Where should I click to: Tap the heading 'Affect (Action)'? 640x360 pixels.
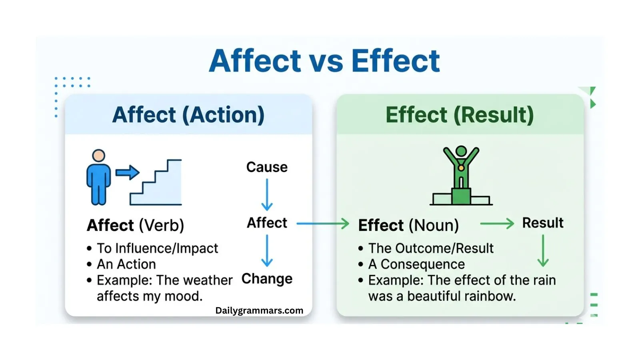(188, 115)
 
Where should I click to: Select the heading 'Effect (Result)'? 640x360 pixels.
(460, 115)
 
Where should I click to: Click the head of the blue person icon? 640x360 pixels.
(98, 156)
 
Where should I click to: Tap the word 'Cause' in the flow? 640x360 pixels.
(267, 167)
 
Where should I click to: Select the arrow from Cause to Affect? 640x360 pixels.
(267, 194)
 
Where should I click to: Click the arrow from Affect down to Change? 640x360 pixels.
(267, 250)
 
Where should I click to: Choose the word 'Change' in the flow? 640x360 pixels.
(267, 279)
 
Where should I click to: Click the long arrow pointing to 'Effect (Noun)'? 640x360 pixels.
(322, 224)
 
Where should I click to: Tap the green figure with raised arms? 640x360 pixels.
(461, 168)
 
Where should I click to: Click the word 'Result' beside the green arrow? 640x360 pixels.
(543, 223)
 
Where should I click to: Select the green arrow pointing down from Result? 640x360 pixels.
(543, 250)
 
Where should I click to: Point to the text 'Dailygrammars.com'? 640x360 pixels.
(259, 311)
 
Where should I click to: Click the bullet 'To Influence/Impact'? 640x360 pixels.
(157, 248)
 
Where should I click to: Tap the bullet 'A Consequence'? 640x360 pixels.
(416, 264)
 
